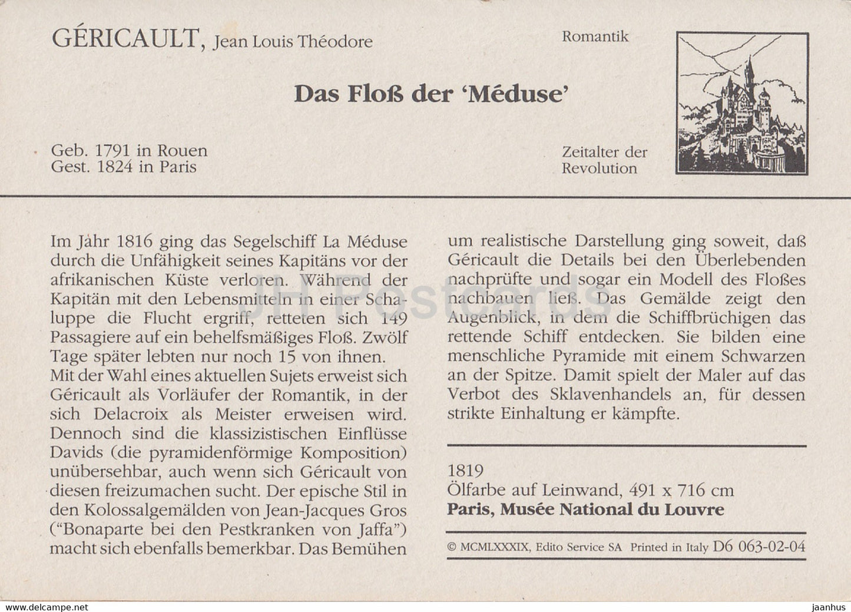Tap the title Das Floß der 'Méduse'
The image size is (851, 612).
tap(431, 94)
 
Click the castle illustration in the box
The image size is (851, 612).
tap(742, 103)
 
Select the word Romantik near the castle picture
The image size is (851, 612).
tap(595, 37)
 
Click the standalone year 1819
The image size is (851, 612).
tap(465, 471)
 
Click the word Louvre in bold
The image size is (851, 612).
tap(699, 509)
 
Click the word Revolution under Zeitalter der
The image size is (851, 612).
tap(599, 168)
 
